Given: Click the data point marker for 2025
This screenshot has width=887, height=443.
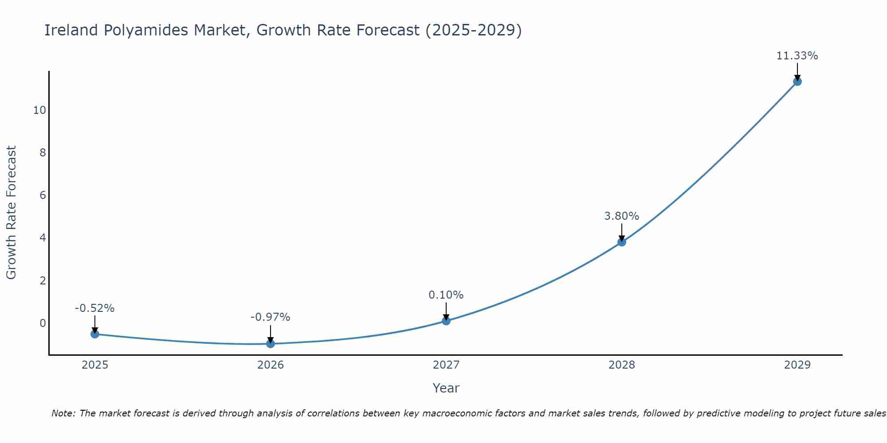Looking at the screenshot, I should click(95, 334).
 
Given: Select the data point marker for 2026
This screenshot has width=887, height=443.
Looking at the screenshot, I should click(271, 343).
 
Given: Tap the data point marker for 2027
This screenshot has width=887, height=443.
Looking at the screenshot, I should click(446, 321).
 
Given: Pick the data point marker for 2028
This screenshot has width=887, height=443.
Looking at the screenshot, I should click(622, 242).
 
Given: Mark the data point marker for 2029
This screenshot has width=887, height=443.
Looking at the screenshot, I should click(797, 82).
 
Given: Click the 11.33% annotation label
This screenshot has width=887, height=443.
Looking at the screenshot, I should click(797, 56).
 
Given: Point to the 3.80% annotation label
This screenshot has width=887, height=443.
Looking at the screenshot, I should click(621, 216).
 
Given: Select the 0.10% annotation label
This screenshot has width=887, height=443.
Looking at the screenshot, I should click(446, 295).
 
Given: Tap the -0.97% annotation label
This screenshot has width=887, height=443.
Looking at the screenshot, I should click(270, 317).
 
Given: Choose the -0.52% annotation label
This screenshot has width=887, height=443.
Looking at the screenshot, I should click(94, 308).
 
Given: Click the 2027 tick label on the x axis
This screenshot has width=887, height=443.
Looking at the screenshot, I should click(446, 365).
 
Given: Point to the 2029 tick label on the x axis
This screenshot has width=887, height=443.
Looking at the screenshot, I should click(797, 365).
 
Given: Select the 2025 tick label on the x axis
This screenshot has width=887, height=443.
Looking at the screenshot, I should click(95, 365).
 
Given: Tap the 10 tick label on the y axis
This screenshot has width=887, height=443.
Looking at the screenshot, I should click(39, 110).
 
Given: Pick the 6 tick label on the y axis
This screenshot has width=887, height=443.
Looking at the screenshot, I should click(43, 195).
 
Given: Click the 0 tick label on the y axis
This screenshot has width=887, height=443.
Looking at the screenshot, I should click(43, 323).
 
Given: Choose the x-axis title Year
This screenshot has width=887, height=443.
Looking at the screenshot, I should click(446, 388).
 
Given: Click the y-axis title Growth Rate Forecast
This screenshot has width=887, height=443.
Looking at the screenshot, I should click(12, 213).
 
